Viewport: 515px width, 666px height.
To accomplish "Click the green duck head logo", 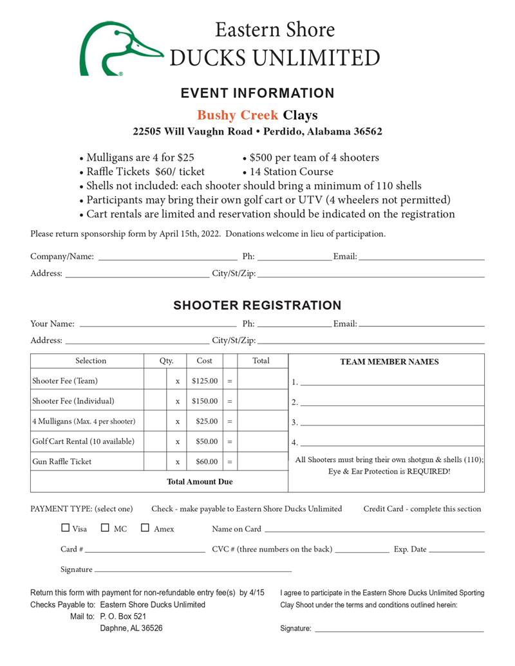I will pyautogui.click(x=119, y=48).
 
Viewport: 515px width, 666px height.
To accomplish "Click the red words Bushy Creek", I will pyautogui.click(x=238, y=115).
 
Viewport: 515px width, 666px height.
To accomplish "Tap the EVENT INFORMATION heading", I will pyautogui.click(x=257, y=93).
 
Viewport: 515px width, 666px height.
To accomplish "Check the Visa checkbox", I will pyautogui.click(x=65, y=528).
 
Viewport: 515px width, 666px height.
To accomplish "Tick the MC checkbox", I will pyautogui.click(x=105, y=528).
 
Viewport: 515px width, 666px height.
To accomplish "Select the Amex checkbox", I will pyautogui.click(x=145, y=528).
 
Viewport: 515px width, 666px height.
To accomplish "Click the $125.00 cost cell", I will pyautogui.click(x=205, y=381).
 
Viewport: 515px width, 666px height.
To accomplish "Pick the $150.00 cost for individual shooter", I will pyautogui.click(x=205, y=401).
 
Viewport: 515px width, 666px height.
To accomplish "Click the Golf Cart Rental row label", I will pyautogui.click(x=84, y=441).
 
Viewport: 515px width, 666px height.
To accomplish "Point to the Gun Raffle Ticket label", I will pyautogui.click(x=62, y=461).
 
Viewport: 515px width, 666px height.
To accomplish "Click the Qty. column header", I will pyautogui.click(x=166, y=361).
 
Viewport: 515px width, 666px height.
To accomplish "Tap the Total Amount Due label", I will pyautogui.click(x=200, y=481).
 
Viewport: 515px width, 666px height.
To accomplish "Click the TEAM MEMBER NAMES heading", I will pyautogui.click(x=389, y=362).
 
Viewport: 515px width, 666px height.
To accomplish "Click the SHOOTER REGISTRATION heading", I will pyautogui.click(x=257, y=305).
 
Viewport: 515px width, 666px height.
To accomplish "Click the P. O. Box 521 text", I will pyautogui.click(x=124, y=616).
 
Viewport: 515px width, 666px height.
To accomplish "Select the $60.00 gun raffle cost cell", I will pyautogui.click(x=205, y=461).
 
